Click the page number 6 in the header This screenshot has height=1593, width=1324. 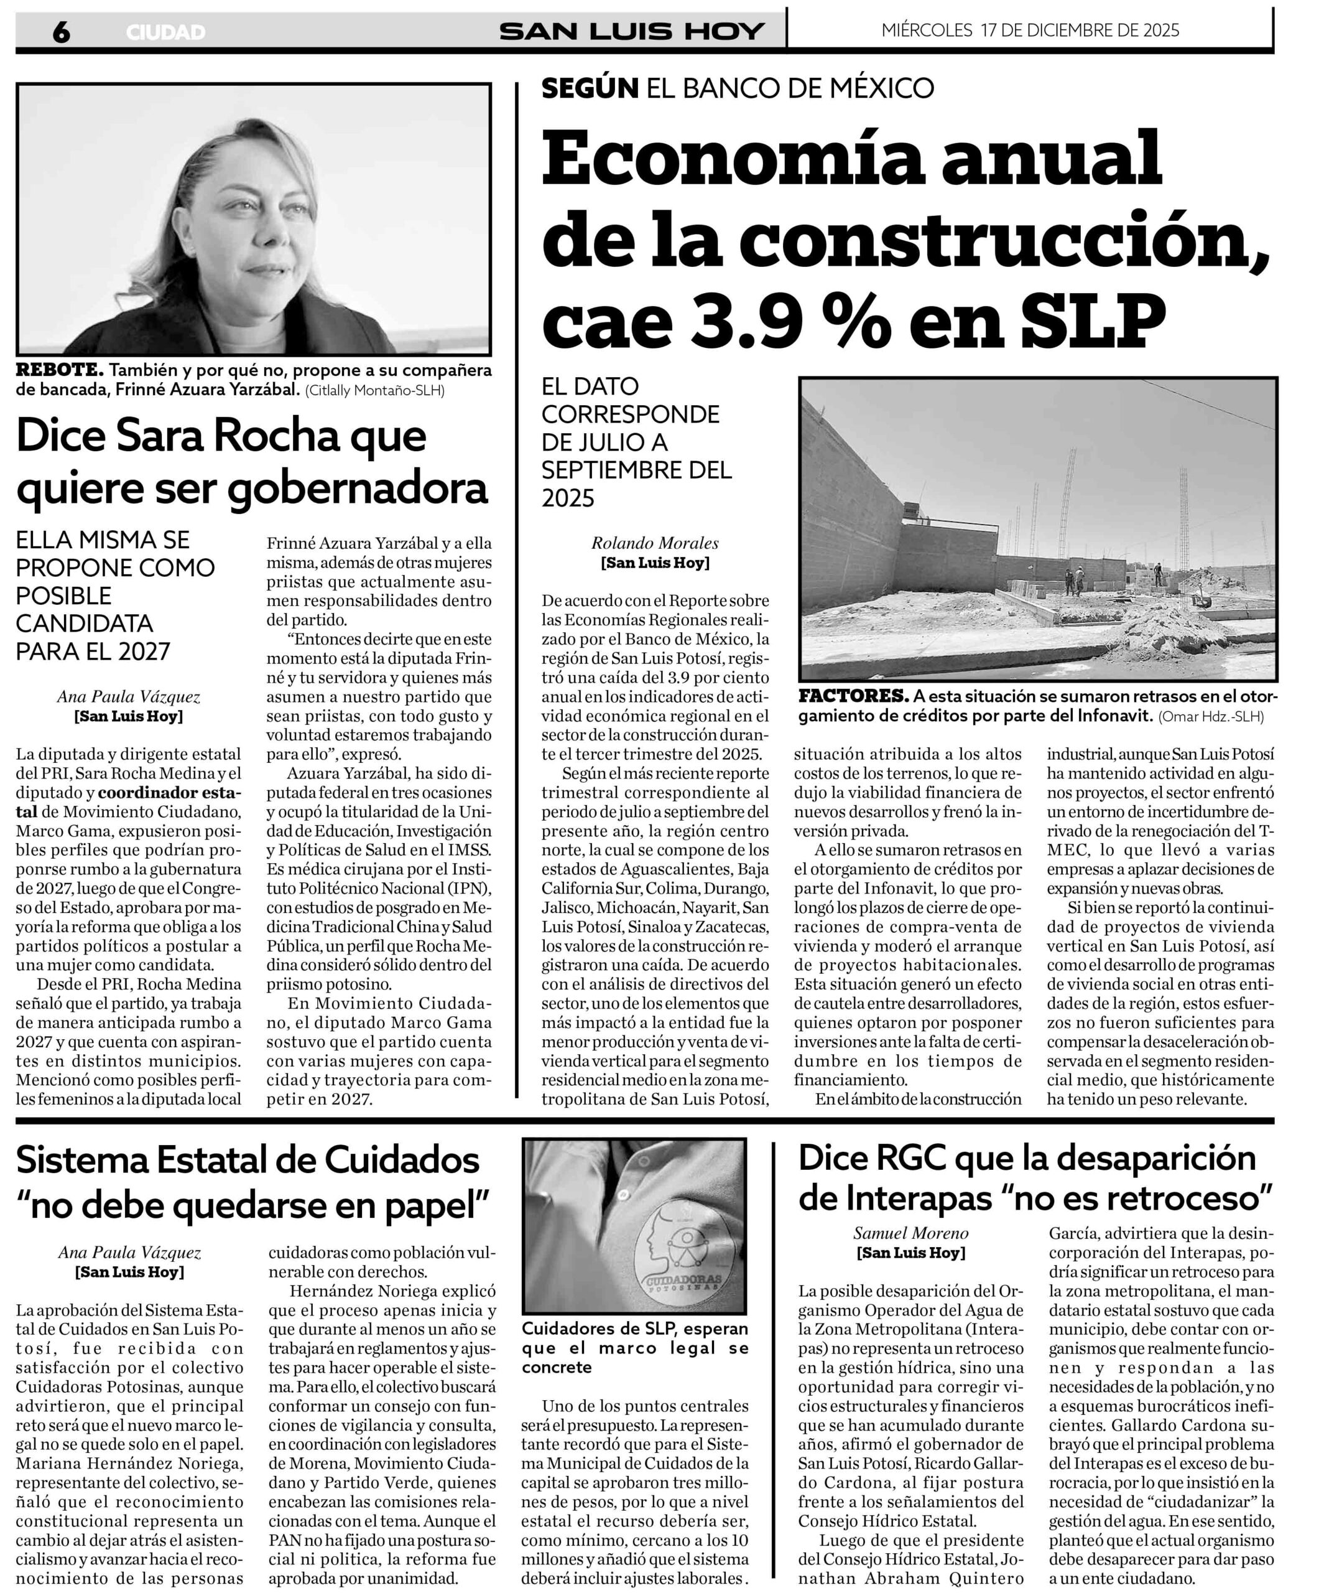pos(62,32)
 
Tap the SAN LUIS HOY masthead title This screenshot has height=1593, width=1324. pos(631,31)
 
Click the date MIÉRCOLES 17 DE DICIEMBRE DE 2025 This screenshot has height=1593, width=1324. pos(1030,30)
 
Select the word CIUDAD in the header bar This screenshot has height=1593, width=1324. pos(165,32)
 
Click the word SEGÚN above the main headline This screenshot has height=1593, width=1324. pos(589,88)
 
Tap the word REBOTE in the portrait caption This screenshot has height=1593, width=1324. pos(58,370)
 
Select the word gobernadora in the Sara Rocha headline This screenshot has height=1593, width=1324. pos(358,489)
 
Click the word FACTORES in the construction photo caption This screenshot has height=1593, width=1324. pos(853,696)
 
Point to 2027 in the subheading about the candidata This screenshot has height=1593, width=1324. pos(139,651)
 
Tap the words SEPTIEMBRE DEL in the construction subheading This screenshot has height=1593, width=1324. pos(636,470)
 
